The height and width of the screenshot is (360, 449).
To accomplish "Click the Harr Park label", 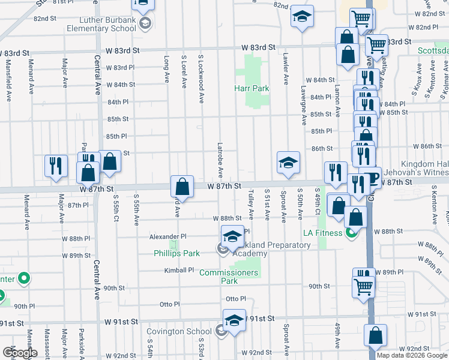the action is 252,88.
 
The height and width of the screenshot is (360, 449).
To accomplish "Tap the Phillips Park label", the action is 176,253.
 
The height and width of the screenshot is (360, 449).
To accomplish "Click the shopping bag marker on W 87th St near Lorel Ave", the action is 182,187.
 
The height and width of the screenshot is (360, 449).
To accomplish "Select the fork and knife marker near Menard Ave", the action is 55,165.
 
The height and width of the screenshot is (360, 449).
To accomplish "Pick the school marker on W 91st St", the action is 234,320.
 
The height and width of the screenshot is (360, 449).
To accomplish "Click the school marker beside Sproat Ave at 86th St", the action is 288,163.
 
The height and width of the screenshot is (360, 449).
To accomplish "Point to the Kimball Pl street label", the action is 179,271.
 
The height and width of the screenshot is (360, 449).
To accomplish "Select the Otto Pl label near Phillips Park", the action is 169,304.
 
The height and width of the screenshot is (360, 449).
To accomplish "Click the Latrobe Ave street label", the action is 220,160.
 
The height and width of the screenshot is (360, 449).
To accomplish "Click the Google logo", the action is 20,353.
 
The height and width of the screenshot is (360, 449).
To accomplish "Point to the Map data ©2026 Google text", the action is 411,355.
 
